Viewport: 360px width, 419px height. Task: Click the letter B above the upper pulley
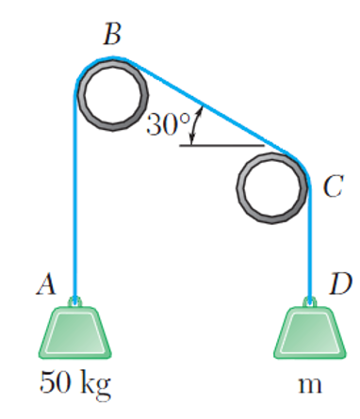click(113, 36)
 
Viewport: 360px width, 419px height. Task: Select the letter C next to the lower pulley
click(331, 187)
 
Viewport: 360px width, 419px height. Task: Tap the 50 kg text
click(74, 384)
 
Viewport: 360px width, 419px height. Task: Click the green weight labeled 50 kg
click(75, 334)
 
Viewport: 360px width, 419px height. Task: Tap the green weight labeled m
click(308, 334)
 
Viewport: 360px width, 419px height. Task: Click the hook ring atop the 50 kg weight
click(75, 302)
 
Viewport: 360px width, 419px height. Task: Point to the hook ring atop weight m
click(308, 302)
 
